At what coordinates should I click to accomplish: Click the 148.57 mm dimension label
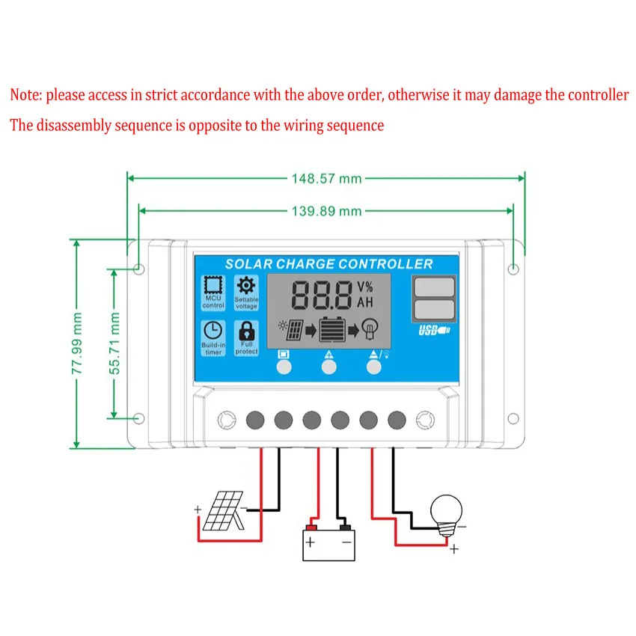[326, 179]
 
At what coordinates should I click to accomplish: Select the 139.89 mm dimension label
[326, 211]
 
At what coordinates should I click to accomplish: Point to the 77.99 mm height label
[76, 343]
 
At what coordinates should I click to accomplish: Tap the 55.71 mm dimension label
[114, 343]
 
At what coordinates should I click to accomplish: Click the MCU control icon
[213, 285]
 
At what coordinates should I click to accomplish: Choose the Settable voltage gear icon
[246, 286]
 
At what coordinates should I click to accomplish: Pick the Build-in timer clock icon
[213, 330]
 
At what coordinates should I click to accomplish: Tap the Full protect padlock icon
[247, 331]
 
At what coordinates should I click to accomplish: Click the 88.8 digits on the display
[322, 296]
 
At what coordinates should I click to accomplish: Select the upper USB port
[435, 287]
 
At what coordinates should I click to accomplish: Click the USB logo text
[434, 330]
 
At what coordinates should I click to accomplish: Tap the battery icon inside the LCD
[333, 329]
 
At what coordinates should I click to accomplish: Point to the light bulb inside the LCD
[370, 328]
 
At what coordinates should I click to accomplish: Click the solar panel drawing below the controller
[223, 510]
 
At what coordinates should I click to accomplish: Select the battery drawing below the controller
[329, 542]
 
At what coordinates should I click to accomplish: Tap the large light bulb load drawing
[446, 515]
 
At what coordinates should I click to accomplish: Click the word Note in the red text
[25, 95]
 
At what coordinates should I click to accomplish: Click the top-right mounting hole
[513, 269]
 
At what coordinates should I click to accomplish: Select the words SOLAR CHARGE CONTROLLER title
[329, 264]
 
